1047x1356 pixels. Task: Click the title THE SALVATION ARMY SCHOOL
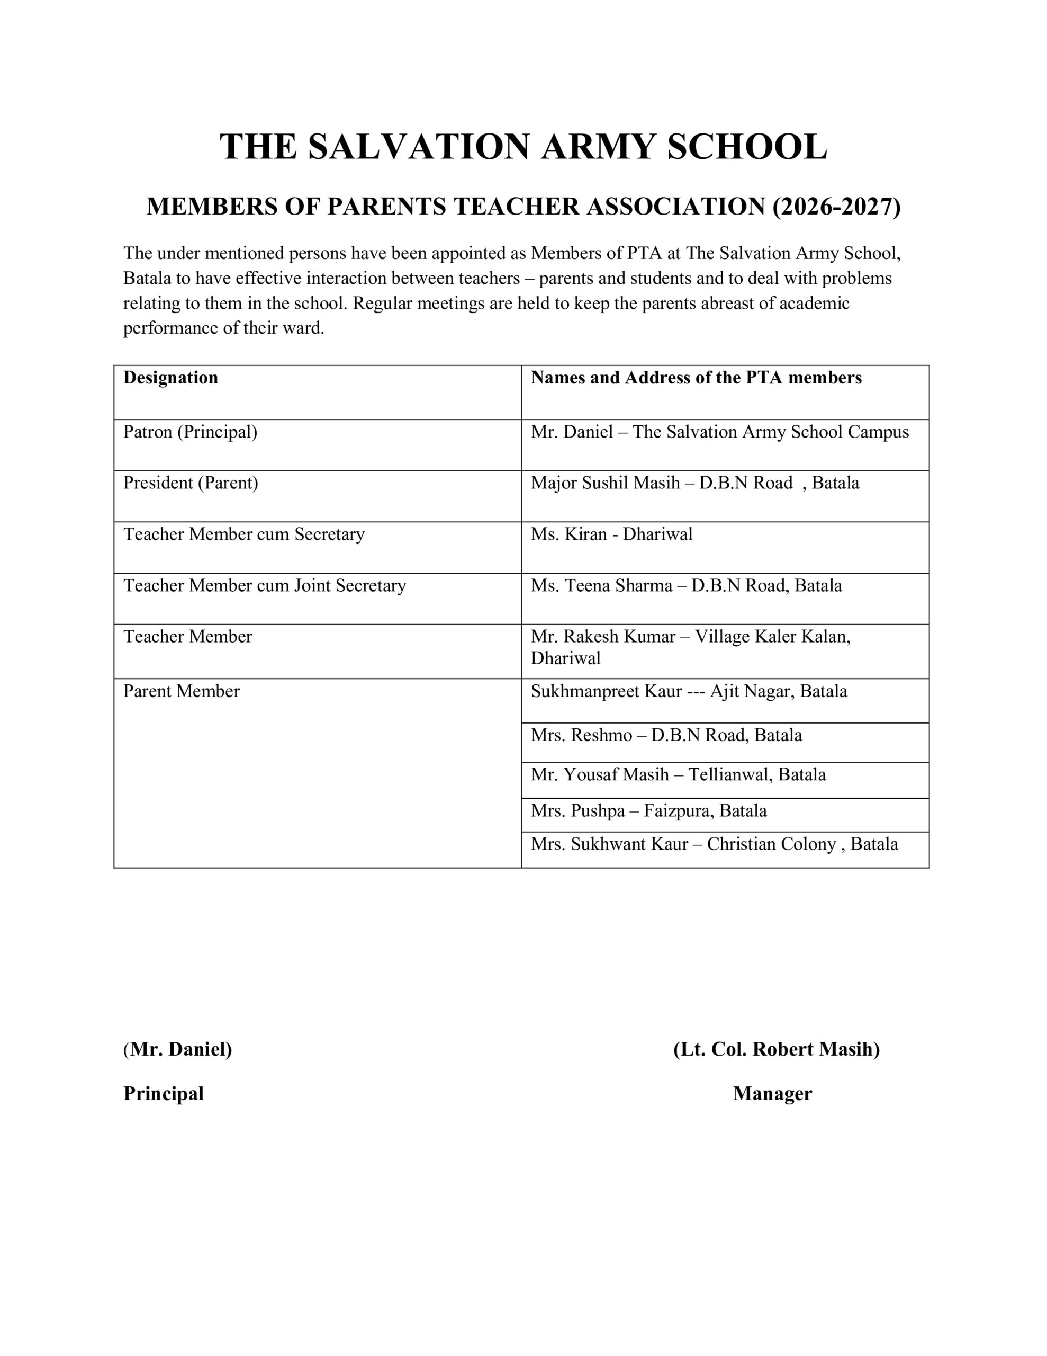(523, 147)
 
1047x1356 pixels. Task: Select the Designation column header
(170, 378)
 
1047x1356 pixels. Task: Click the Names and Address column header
(696, 378)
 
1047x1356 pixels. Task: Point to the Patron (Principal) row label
(190, 432)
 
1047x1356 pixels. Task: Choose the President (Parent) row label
(191, 483)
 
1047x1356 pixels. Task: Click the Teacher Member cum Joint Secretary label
(264, 585)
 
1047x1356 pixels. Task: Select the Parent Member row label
(181, 692)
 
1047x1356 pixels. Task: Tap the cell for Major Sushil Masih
(694, 483)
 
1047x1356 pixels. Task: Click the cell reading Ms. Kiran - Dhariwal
(611, 534)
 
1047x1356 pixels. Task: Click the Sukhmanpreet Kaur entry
(688, 692)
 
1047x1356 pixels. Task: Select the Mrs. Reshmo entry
(666, 736)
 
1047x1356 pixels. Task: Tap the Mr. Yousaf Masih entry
(678, 775)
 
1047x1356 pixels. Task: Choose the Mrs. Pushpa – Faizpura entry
(648, 811)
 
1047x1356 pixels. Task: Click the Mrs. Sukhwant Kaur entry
(714, 844)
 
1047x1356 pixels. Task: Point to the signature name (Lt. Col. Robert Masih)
(776, 1049)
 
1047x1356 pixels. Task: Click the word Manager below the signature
(772, 1093)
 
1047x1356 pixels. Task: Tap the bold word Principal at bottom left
(163, 1093)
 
